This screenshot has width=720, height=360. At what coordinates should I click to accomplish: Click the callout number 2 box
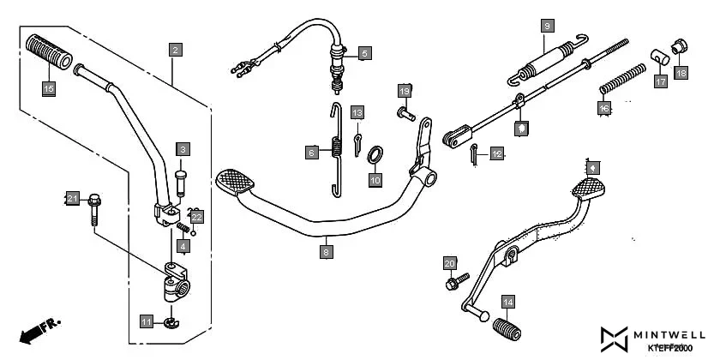[175, 50]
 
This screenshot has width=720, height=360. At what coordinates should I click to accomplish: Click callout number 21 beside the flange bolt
[73, 199]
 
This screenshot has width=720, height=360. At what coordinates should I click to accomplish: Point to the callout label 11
[147, 321]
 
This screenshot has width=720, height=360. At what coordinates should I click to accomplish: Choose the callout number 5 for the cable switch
[364, 53]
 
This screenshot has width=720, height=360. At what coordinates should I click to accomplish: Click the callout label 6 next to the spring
[313, 153]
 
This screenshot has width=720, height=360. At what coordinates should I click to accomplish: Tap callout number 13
[357, 113]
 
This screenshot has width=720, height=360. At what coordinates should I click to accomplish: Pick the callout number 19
[405, 91]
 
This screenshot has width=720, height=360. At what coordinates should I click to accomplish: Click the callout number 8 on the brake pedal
[326, 252]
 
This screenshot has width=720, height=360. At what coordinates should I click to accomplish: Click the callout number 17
[660, 81]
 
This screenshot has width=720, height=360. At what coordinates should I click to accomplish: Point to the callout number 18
[681, 74]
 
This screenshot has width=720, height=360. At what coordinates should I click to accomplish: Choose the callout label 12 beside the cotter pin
[497, 154]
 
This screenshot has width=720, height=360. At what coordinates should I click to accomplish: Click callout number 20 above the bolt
[450, 262]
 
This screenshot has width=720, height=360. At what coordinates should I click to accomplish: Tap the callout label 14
[508, 302]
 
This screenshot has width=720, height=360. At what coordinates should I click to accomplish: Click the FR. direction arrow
[38, 329]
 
